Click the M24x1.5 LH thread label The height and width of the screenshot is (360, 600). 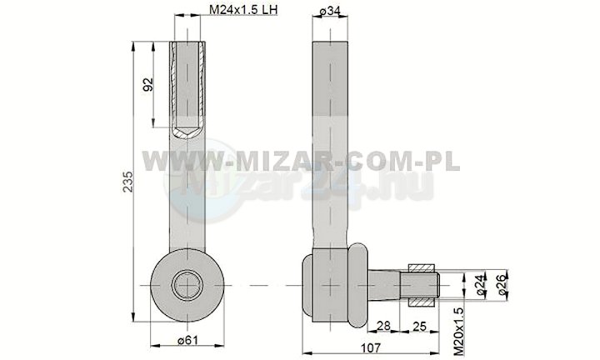(x=243, y=9)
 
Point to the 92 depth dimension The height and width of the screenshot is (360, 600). (x=147, y=84)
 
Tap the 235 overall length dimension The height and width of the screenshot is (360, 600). (x=128, y=181)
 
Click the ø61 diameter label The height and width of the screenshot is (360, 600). (x=187, y=340)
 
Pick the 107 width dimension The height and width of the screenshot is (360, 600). (x=371, y=347)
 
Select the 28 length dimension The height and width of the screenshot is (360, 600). (x=383, y=326)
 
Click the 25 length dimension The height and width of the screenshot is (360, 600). (x=420, y=326)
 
